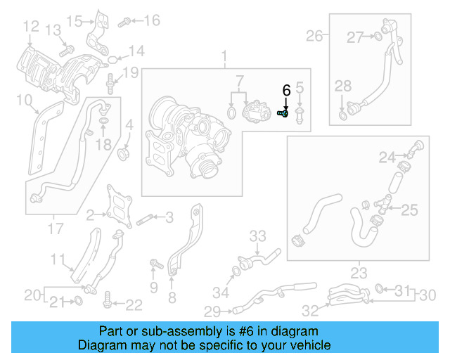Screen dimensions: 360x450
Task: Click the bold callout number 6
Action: [285, 91]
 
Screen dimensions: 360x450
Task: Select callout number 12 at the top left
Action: [30, 27]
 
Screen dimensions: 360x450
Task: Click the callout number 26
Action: [314, 35]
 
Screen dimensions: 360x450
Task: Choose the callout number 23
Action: [359, 273]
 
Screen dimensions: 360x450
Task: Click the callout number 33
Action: [258, 235]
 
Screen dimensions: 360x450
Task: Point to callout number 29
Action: [212, 310]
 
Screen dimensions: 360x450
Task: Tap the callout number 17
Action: [56, 229]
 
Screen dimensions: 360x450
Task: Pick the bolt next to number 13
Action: [67, 50]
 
